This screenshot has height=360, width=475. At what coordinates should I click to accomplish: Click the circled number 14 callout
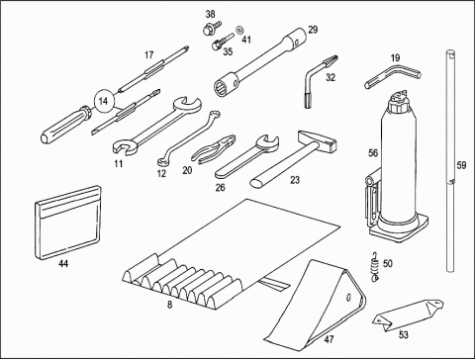104,101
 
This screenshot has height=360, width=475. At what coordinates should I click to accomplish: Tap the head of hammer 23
319,141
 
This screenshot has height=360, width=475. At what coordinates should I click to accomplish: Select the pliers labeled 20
214,148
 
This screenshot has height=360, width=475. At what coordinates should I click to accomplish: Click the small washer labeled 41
239,30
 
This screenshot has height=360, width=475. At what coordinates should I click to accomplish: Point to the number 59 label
461,165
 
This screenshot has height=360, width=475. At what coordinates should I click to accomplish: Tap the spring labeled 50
375,265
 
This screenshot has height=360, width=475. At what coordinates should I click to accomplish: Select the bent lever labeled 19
393,76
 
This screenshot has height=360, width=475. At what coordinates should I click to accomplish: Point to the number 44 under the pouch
63,264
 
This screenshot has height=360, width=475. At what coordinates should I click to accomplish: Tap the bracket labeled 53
408,315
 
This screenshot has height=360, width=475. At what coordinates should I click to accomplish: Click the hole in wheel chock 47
348,298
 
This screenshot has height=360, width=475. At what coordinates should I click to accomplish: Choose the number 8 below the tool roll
169,305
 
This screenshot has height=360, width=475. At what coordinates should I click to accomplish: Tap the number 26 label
221,188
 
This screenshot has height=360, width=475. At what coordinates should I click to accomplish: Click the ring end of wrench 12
162,161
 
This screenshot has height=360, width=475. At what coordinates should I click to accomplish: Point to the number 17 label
149,55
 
